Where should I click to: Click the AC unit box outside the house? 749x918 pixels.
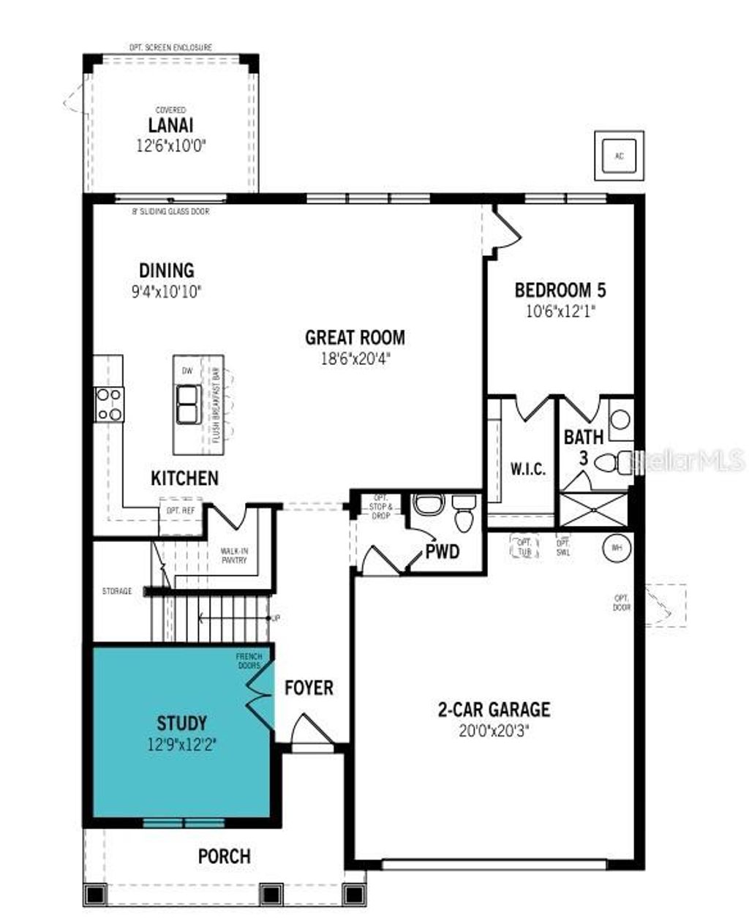619,156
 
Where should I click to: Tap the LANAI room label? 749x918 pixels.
171,125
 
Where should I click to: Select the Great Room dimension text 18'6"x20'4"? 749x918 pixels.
355,358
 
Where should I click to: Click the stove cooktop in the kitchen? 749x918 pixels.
110,405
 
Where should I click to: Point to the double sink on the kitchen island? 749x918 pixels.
187,405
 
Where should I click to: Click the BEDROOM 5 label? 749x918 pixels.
560,290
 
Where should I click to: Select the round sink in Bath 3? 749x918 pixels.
620,419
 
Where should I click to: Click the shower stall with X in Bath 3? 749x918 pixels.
593,509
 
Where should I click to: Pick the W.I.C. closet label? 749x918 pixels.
527,470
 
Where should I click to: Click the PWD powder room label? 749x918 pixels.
443,552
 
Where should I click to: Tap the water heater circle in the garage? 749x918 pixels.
616,548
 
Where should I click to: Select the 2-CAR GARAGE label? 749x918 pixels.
494,709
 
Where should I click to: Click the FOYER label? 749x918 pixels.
309,688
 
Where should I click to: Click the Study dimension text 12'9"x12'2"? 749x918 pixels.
181,745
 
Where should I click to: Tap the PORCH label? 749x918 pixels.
224,856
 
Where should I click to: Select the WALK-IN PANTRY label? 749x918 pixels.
234,556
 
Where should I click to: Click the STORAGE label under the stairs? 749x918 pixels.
117,591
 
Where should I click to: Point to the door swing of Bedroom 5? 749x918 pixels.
506,229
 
